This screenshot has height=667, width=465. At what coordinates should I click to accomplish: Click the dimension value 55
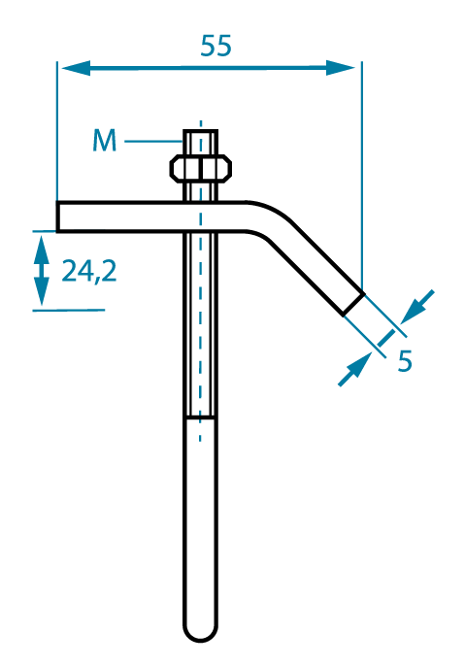216,46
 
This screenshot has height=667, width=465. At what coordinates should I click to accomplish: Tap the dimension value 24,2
89,271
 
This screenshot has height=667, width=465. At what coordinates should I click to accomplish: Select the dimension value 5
405,361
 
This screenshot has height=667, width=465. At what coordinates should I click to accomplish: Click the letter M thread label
104,141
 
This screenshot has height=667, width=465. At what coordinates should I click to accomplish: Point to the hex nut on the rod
201,169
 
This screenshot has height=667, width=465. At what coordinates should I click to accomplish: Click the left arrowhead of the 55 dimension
76,68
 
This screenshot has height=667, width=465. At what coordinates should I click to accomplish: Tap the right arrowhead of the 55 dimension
341,68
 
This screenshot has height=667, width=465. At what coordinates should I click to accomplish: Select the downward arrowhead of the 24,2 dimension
42,291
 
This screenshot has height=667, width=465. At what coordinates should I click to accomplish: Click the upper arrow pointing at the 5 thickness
416,307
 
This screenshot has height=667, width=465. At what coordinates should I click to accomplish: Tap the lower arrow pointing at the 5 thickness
354,369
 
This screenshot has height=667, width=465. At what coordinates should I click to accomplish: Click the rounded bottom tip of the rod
200,633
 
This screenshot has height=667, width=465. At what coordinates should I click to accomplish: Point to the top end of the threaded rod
200,131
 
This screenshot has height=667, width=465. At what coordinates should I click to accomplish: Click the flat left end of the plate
57,217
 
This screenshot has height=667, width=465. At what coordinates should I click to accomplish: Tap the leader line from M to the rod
154,141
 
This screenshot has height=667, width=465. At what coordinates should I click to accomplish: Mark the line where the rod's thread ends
200,417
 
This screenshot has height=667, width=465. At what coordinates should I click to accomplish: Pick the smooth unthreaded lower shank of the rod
200,523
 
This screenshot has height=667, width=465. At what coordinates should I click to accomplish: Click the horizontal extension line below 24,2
69,310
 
